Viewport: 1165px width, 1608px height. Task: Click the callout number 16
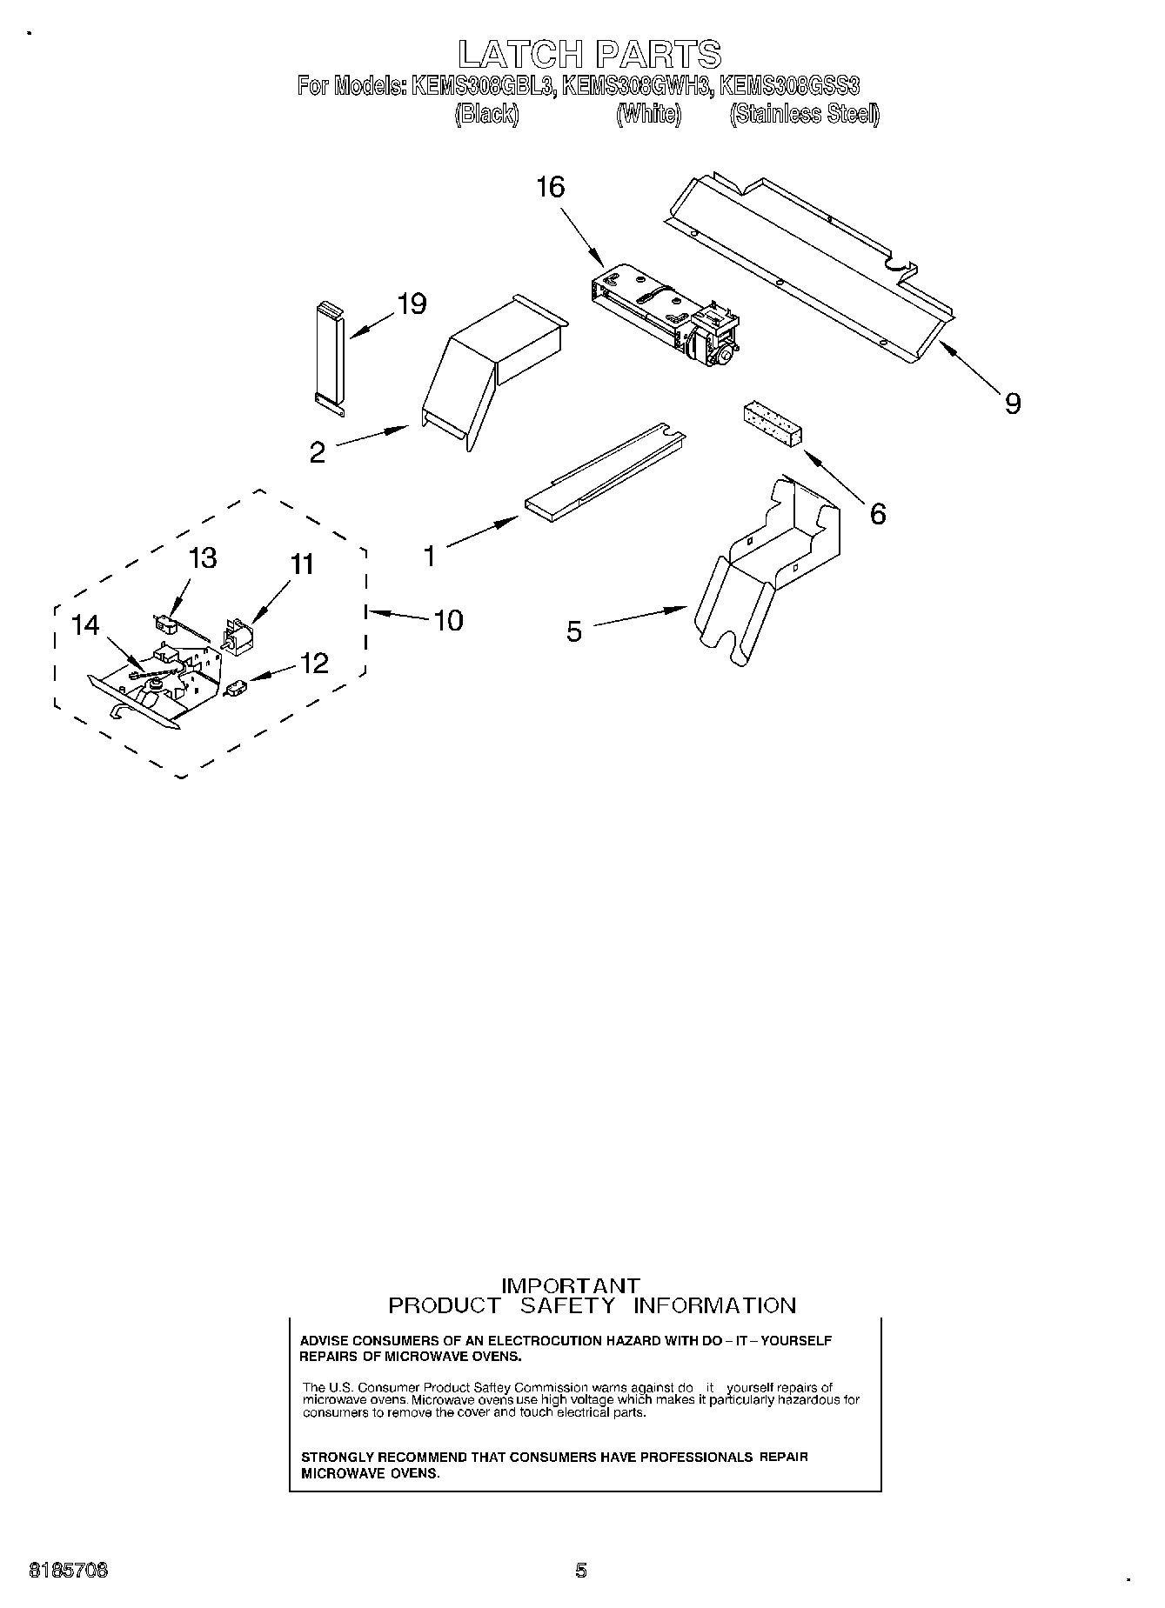[551, 187]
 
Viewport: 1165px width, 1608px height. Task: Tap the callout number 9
[1012, 404]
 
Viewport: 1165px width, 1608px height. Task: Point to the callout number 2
[318, 452]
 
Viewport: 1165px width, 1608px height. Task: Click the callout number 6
[878, 514]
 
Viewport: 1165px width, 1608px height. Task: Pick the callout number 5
[573, 631]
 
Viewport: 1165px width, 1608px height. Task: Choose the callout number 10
[448, 620]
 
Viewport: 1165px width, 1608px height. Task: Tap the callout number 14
[85, 625]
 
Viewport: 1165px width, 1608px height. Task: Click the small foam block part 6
[771, 425]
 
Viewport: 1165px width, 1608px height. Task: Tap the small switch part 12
[235, 689]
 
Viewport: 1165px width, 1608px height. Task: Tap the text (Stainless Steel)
[805, 114]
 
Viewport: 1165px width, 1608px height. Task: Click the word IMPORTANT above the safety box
[572, 1285]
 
